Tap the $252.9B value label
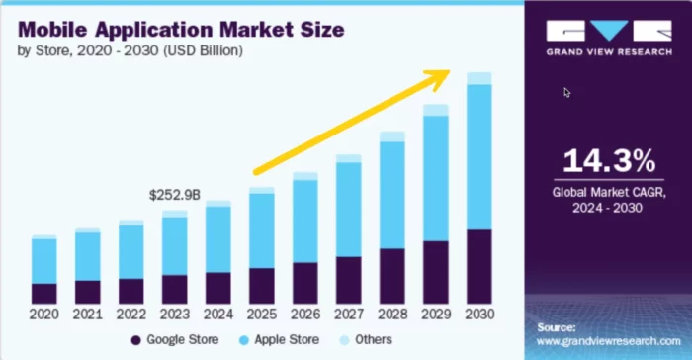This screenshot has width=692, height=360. pyautogui.click(x=173, y=195)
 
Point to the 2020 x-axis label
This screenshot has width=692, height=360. pyautogui.click(x=43, y=315)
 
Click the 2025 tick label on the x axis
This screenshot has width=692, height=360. pyautogui.click(x=261, y=315)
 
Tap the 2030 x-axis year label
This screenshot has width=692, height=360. pyautogui.click(x=478, y=315)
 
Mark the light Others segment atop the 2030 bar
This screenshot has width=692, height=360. pyautogui.click(x=478, y=78)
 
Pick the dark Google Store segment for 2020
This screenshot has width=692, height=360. pyautogui.click(x=43, y=293)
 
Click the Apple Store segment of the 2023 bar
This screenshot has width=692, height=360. pyautogui.click(x=174, y=245)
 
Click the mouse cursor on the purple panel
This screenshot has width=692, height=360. pyautogui.click(x=566, y=92)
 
